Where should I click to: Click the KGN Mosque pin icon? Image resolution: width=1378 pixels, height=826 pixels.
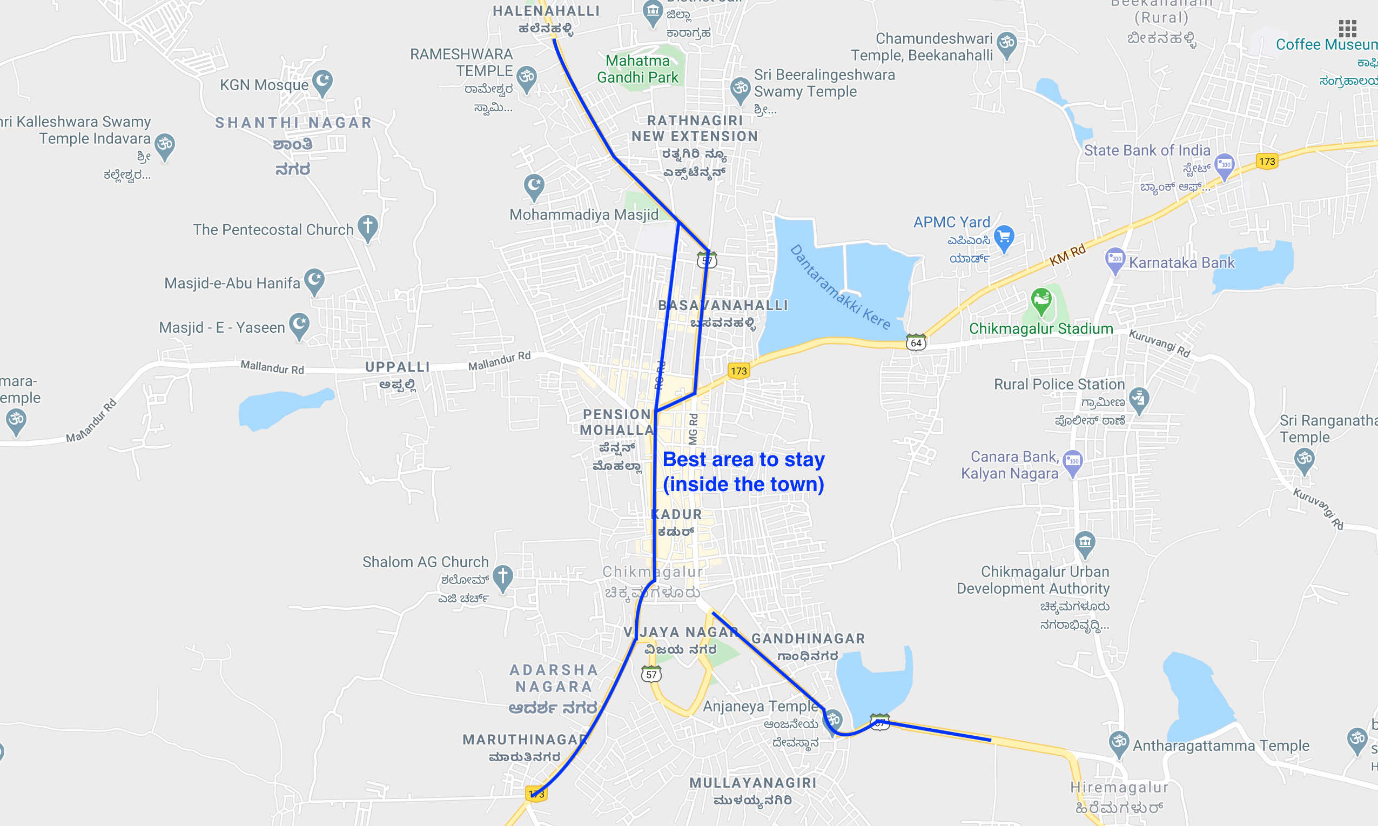pos(322,82)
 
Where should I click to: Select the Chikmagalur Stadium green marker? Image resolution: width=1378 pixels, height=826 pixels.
pos(1041,300)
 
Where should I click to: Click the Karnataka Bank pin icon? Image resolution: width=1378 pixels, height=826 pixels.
pos(1115,259)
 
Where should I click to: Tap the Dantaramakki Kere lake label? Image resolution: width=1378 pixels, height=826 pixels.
pos(841,287)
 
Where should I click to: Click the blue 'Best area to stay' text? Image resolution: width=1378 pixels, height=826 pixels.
pos(743,472)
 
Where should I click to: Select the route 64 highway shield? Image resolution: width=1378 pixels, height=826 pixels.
pos(916,343)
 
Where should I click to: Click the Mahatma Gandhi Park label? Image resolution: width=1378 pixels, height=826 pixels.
pos(638,69)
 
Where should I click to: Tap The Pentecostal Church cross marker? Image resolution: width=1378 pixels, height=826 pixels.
pos(367,227)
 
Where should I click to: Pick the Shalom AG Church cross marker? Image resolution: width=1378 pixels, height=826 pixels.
pos(502,577)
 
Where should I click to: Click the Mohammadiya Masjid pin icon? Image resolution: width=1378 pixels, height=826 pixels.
pos(534,186)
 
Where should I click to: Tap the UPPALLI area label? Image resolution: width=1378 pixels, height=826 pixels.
pos(398,367)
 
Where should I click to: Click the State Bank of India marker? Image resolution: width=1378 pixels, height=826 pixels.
pos(1225,165)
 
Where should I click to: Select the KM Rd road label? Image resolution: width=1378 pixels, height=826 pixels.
pos(1067,254)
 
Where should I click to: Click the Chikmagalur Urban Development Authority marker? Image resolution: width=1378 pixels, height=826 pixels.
pos(1085,543)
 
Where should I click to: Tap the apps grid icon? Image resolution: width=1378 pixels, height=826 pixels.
pos(1347,28)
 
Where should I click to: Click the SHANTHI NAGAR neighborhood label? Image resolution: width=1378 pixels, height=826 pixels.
pos(293,123)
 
